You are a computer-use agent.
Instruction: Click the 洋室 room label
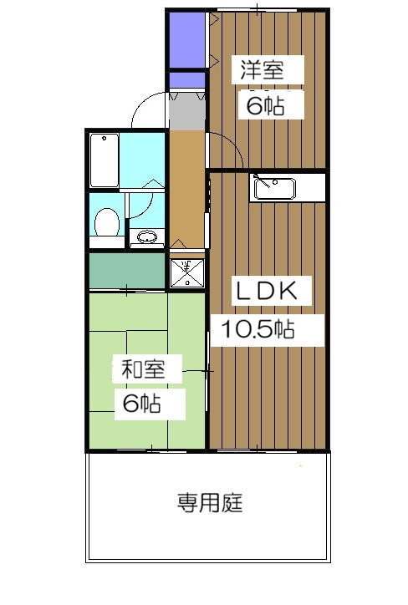(262, 69)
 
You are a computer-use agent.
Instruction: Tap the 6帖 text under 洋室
(262, 105)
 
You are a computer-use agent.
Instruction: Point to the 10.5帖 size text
(258, 328)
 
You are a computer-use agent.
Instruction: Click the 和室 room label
(140, 369)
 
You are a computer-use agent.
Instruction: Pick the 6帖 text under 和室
(141, 404)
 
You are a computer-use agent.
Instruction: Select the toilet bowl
(105, 222)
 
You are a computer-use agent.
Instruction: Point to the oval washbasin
(146, 237)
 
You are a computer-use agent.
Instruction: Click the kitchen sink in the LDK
(273, 189)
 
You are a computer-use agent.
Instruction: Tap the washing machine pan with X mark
(186, 271)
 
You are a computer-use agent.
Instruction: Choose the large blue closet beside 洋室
(186, 40)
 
